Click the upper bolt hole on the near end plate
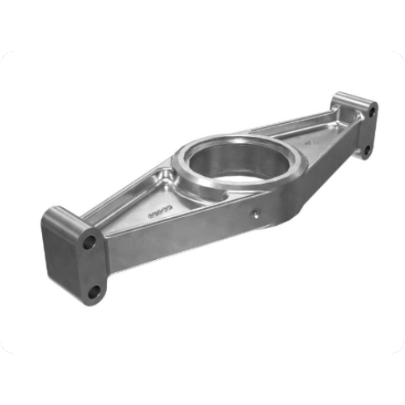coord(90,241)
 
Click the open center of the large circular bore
coord(235,162)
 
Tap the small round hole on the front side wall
coord(256,214)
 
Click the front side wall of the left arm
coord(162,243)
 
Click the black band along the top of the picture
coord(202,24)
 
